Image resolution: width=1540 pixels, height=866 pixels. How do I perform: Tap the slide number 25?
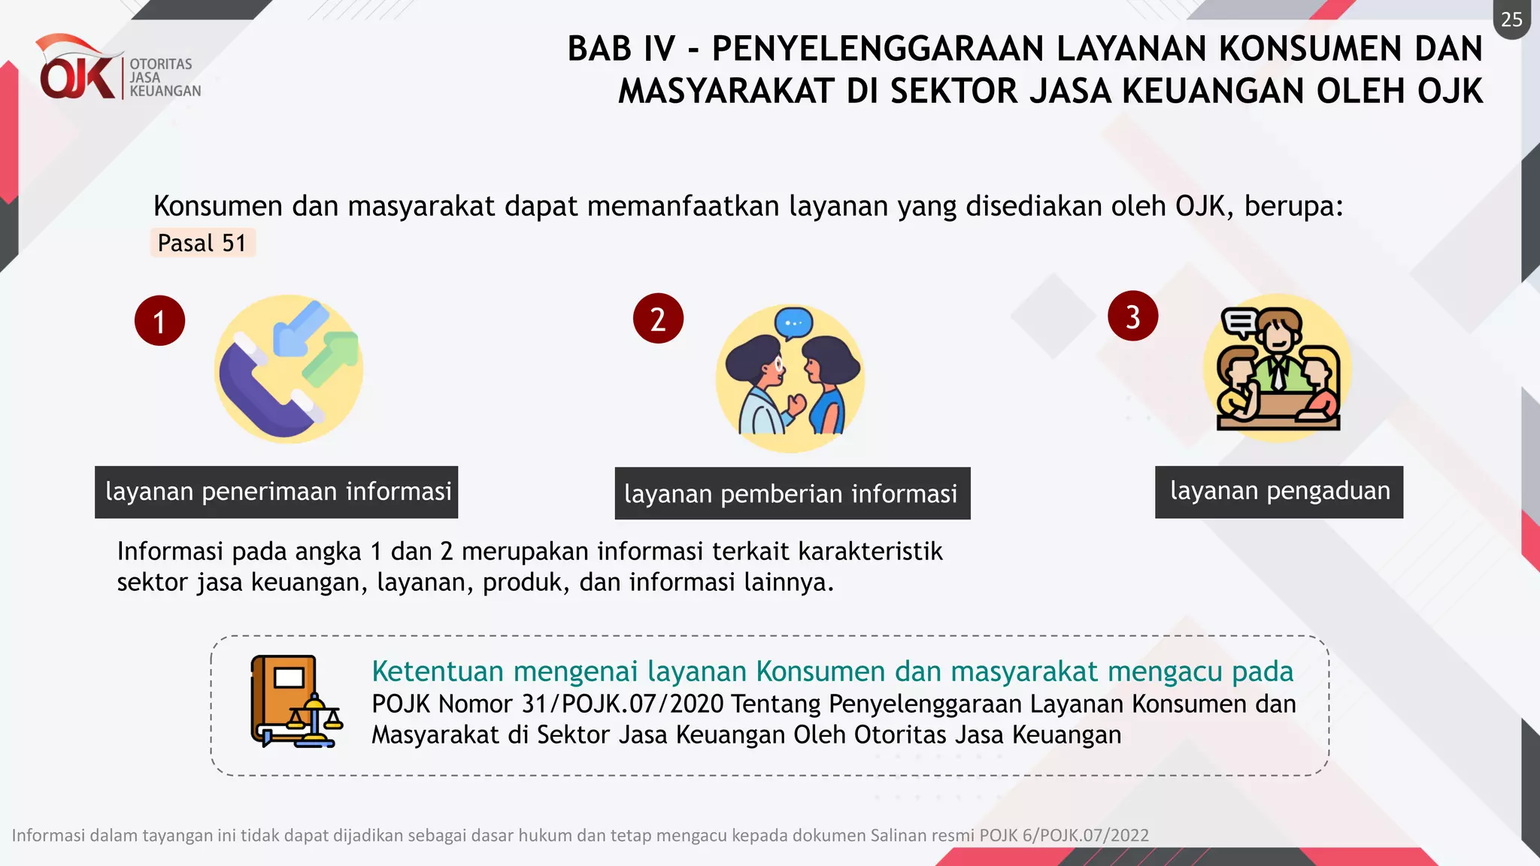1511,20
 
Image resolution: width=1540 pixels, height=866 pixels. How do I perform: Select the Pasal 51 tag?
202,243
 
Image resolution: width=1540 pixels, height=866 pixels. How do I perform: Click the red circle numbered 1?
159,321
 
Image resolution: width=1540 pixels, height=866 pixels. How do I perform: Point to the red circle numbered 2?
658,319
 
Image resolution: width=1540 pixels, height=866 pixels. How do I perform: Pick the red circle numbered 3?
1132,316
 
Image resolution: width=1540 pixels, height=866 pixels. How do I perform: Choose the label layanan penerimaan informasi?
277,492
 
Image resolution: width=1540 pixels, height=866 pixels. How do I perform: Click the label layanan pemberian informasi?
792,494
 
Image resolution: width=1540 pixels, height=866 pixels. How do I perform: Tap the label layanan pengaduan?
1279,492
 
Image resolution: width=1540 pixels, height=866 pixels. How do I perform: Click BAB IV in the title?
621,49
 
